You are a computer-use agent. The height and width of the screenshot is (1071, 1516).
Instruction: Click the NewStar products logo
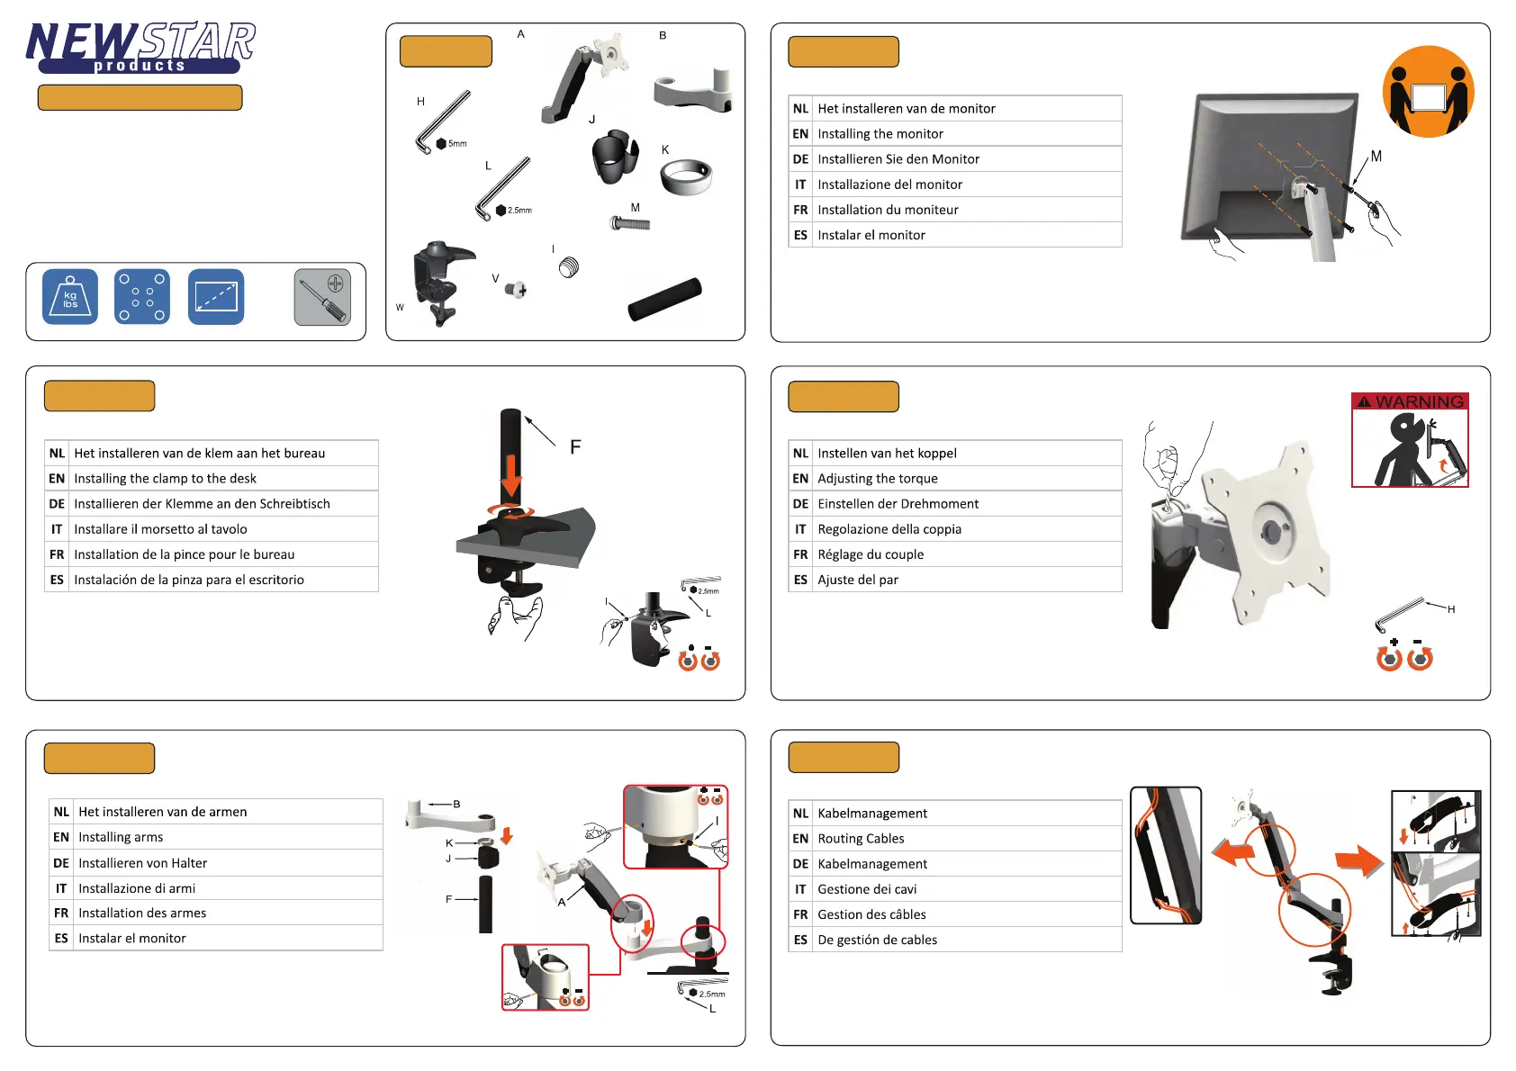pyautogui.click(x=140, y=48)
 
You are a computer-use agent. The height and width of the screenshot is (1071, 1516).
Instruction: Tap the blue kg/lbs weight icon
pyautogui.click(x=70, y=297)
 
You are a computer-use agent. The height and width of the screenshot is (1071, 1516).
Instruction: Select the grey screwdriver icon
pyautogui.click(x=322, y=297)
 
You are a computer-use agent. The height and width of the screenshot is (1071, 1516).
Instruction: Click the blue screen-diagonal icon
pyautogui.click(x=216, y=297)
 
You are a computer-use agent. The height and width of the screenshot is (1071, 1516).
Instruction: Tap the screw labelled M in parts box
pyautogui.click(x=630, y=222)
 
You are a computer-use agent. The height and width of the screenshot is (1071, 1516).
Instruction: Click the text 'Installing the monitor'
pyautogui.click(x=880, y=134)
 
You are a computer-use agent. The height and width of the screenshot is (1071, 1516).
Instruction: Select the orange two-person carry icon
pyautogui.click(x=1428, y=92)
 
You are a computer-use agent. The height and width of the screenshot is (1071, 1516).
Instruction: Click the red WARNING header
pyautogui.click(x=1410, y=401)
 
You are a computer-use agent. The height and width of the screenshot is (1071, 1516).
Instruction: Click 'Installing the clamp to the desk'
pyautogui.click(x=165, y=479)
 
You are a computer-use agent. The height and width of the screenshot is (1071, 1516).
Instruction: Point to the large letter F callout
pyautogui.click(x=575, y=447)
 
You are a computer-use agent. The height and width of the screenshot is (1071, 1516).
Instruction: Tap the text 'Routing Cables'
pyautogui.click(x=861, y=839)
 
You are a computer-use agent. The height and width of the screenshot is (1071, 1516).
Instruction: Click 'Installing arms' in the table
pyautogui.click(x=121, y=837)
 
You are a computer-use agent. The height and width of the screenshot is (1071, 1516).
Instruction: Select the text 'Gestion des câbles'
pyautogui.click(x=871, y=914)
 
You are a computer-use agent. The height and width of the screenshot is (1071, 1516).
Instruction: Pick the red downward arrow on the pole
pyautogui.click(x=510, y=476)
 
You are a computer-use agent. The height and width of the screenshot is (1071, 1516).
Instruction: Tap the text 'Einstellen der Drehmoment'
pyautogui.click(x=898, y=504)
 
